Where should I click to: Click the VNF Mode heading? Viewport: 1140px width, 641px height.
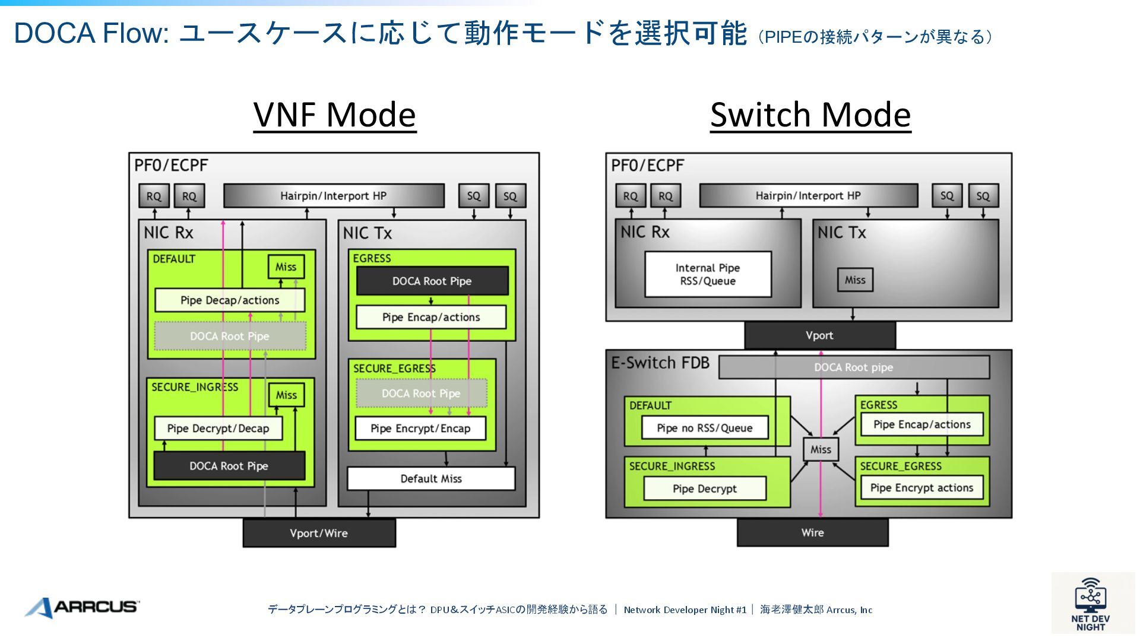(334, 115)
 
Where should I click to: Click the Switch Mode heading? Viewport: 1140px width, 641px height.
(810, 115)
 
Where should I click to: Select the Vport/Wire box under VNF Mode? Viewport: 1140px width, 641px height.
(319, 533)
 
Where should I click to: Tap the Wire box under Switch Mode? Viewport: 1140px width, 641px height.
(812, 532)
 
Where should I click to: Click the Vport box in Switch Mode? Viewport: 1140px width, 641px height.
(819, 335)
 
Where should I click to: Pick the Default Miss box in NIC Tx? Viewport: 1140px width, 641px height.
(430, 478)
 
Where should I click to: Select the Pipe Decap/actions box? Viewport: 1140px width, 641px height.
(230, 300)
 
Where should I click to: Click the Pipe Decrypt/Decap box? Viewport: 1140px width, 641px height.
(218, 429)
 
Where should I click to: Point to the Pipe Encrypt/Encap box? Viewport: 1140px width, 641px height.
(420, 429)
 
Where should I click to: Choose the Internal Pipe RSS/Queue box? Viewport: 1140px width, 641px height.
(708, 274)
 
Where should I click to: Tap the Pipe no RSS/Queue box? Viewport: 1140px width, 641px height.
(704, 428)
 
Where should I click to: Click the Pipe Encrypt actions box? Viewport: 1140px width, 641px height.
(921, 488)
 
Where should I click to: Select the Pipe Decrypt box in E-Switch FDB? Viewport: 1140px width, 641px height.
(704, 488)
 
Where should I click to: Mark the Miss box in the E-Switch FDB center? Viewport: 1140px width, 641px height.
(821, 450)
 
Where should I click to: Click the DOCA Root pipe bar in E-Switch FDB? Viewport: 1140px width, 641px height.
(853, 367)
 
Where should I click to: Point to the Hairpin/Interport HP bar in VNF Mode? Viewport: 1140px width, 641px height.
(333, 196)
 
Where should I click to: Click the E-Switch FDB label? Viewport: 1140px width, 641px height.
(660, 363)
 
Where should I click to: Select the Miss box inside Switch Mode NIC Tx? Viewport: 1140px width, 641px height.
(855, 280)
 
